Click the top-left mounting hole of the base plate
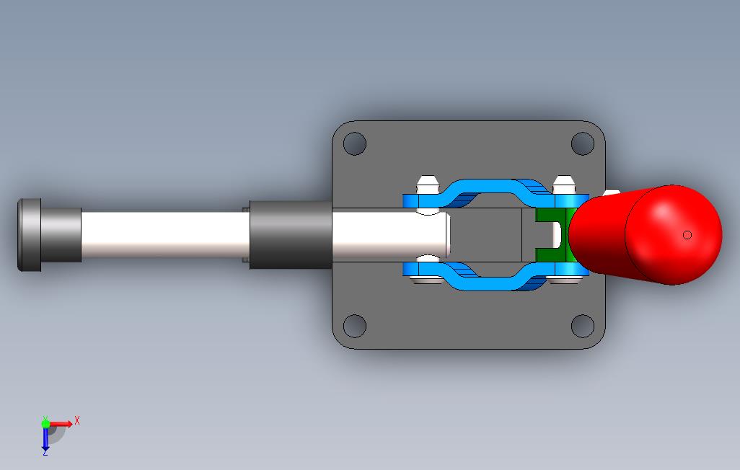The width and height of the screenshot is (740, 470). (354, 144)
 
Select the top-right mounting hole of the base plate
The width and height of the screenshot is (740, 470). (582, 144)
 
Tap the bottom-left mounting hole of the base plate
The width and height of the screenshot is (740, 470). (354, 326)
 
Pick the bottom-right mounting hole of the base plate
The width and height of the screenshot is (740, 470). (582, 326)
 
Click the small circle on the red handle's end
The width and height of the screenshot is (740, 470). (687, 235)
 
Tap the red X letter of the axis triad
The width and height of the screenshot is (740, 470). (77, 420)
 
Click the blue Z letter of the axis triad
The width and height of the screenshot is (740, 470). (45, 452)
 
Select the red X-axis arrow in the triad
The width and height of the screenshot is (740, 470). (62, 424)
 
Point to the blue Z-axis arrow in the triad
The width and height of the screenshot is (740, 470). (45, 438)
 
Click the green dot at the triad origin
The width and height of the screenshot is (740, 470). (46, 424)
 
